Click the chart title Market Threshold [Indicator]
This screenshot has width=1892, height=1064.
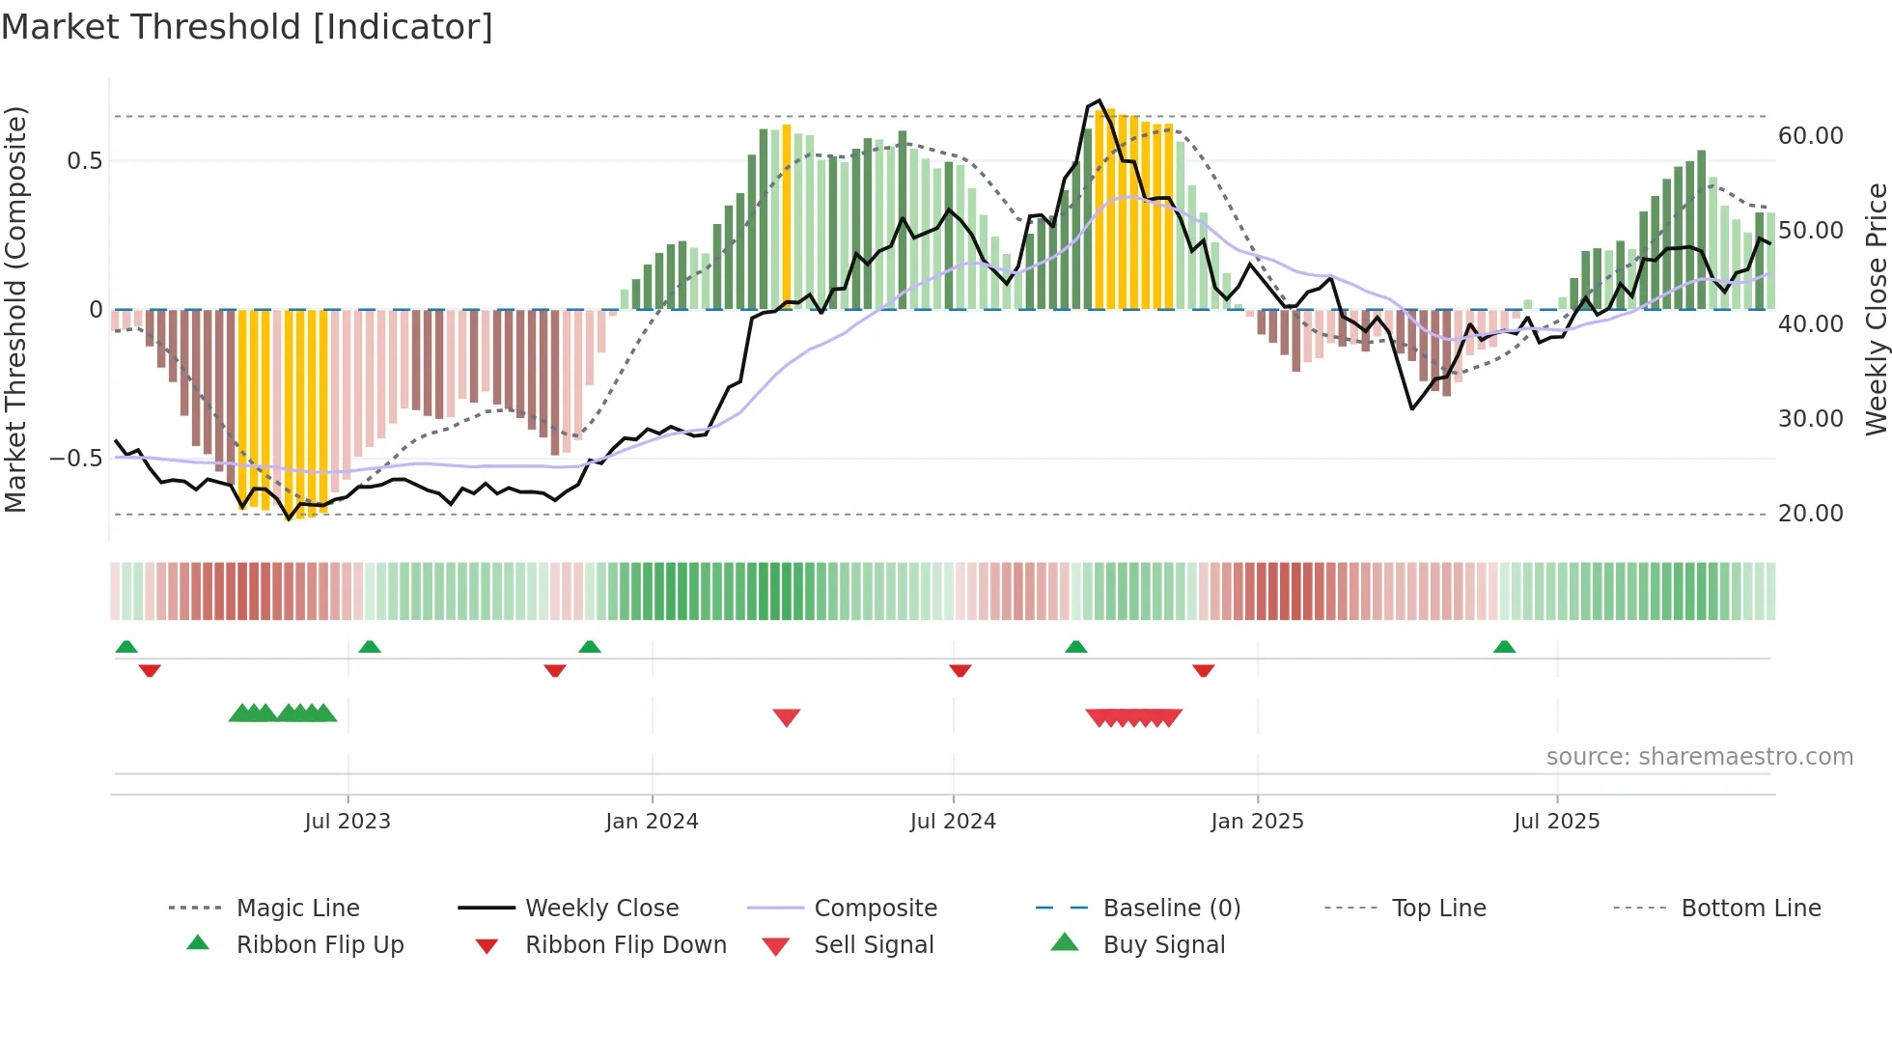247,27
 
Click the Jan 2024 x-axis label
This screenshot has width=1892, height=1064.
652,821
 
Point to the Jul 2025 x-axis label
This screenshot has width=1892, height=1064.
1556,821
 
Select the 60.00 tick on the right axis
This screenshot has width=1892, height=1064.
1810,136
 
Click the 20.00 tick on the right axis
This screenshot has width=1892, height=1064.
1810,514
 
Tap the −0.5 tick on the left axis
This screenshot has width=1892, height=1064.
76,459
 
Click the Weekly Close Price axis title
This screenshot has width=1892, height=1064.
1876,309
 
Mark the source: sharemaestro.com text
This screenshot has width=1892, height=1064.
1699,757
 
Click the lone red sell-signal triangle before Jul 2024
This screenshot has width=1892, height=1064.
787,717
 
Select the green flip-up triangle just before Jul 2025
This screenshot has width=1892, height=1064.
1504,647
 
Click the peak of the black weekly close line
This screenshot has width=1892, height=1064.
1099,100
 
